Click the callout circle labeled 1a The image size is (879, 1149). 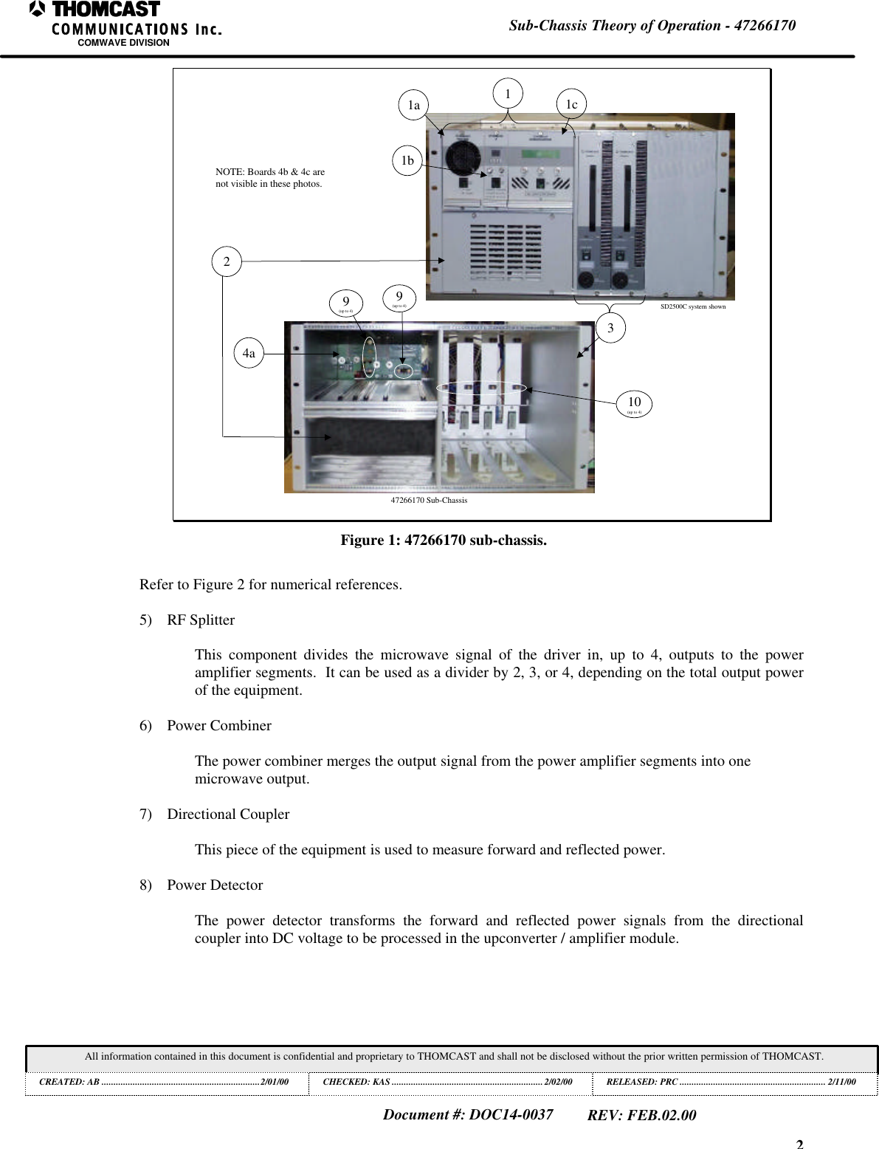(414, 105)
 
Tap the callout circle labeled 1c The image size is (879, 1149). (571, 104)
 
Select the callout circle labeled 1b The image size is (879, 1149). (407, 160)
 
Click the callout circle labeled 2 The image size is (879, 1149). (227, 261)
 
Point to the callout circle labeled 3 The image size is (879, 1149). (610, 328)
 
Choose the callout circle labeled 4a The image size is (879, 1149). (249, 353)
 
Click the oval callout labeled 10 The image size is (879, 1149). (634, 403)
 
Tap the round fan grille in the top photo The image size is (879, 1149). (463, 157)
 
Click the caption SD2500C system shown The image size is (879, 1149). (692, 306)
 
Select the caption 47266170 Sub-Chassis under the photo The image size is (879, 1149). (429, 500)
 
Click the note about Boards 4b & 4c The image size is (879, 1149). (270, 177)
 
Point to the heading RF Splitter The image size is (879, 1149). (201, 620)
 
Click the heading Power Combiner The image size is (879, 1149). (219, 726)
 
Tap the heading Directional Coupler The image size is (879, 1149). (228, 814)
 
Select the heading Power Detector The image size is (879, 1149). (215, 885)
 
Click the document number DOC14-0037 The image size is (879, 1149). (468, 1114)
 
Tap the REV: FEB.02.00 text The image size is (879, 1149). (641, 1115)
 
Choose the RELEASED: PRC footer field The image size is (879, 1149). (731, 1082)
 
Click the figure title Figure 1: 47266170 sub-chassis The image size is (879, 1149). (444, 541)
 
